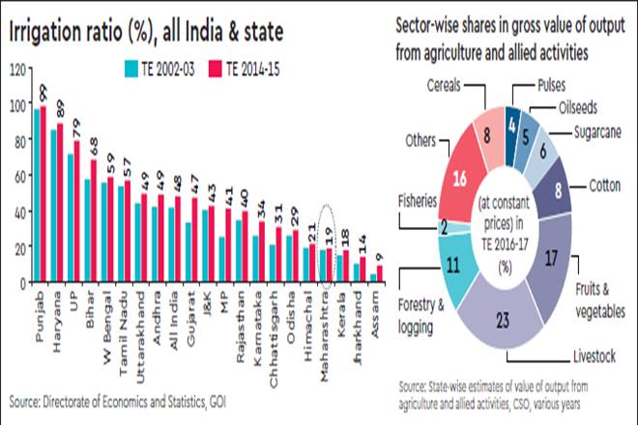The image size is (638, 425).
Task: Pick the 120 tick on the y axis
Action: coord(19,69)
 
